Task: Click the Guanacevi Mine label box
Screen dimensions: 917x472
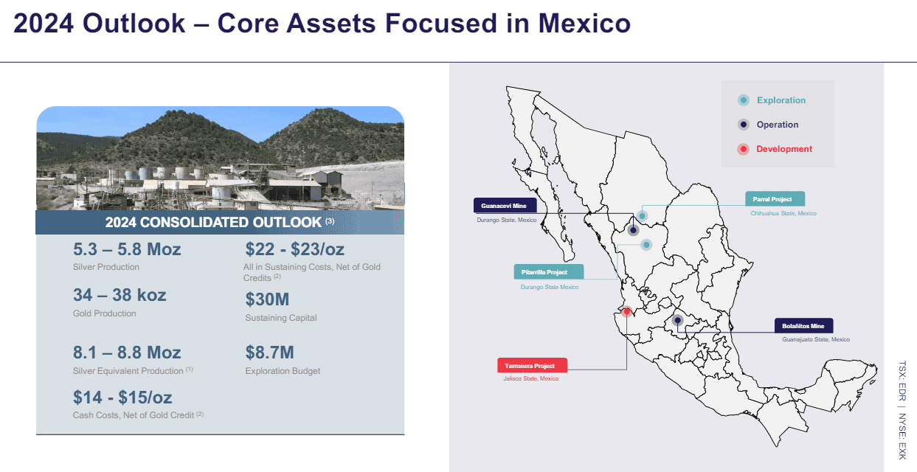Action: pyautogui.click(x=505, y=206)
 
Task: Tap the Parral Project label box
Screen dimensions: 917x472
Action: pyautogui.click(x=775, y=199)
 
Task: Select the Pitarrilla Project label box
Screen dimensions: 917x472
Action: pyautogui.click(x=549, y=272)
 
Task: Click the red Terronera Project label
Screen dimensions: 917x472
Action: pyautogui.click(x=532, y=366)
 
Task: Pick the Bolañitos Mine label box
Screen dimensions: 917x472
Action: pyautogui.click(x=803, y=326)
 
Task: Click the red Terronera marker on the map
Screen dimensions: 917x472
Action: pyautogui.click(x=626, y=311)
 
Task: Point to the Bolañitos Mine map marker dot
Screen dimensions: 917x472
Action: pyautogui.click(x=677, y=320)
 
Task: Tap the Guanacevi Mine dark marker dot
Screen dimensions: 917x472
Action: pyautogui.click(x=633, y=230)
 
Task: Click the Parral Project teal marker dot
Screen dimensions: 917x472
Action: pyautogui.click(x=643, y=216)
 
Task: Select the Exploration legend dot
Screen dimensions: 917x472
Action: pyautogui.click(x=744, y=100)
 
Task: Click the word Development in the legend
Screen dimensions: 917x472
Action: pyautogui.click(x=784, y=149)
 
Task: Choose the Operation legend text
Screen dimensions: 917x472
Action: pyautogui.click(x=778, y=125)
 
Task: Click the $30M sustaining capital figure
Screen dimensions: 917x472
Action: pyautogui.click(x=267, y=299)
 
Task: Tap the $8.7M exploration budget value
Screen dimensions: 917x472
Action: pyautogui.click(x=270, y=353)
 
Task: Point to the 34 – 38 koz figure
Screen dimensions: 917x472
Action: pyautogui.click(x=120, y=295)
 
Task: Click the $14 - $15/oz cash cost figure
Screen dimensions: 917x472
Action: pyautogui.click(x=122, y=397)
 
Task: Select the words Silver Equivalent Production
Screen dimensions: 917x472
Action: pyautogui.click(x=128, y=371)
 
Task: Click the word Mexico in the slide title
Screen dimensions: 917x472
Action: pyautogui.click(x=584, y=24)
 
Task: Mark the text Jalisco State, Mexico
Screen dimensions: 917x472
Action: pyautogui.click(x=531, y=378)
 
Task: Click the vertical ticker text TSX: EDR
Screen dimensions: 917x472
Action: pyautogui.click(x=902, y=381)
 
